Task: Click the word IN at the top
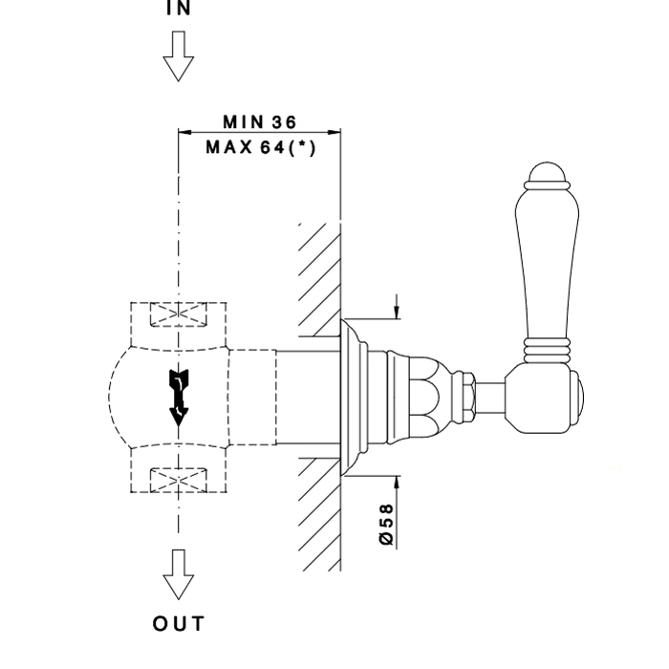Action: (178, 9)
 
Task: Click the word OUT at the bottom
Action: (179, 624)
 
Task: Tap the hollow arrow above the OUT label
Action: (178, 574)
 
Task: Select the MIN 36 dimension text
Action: (259, 122)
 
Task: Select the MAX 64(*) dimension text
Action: (260, 147)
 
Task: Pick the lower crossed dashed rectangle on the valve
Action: (179, 478)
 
